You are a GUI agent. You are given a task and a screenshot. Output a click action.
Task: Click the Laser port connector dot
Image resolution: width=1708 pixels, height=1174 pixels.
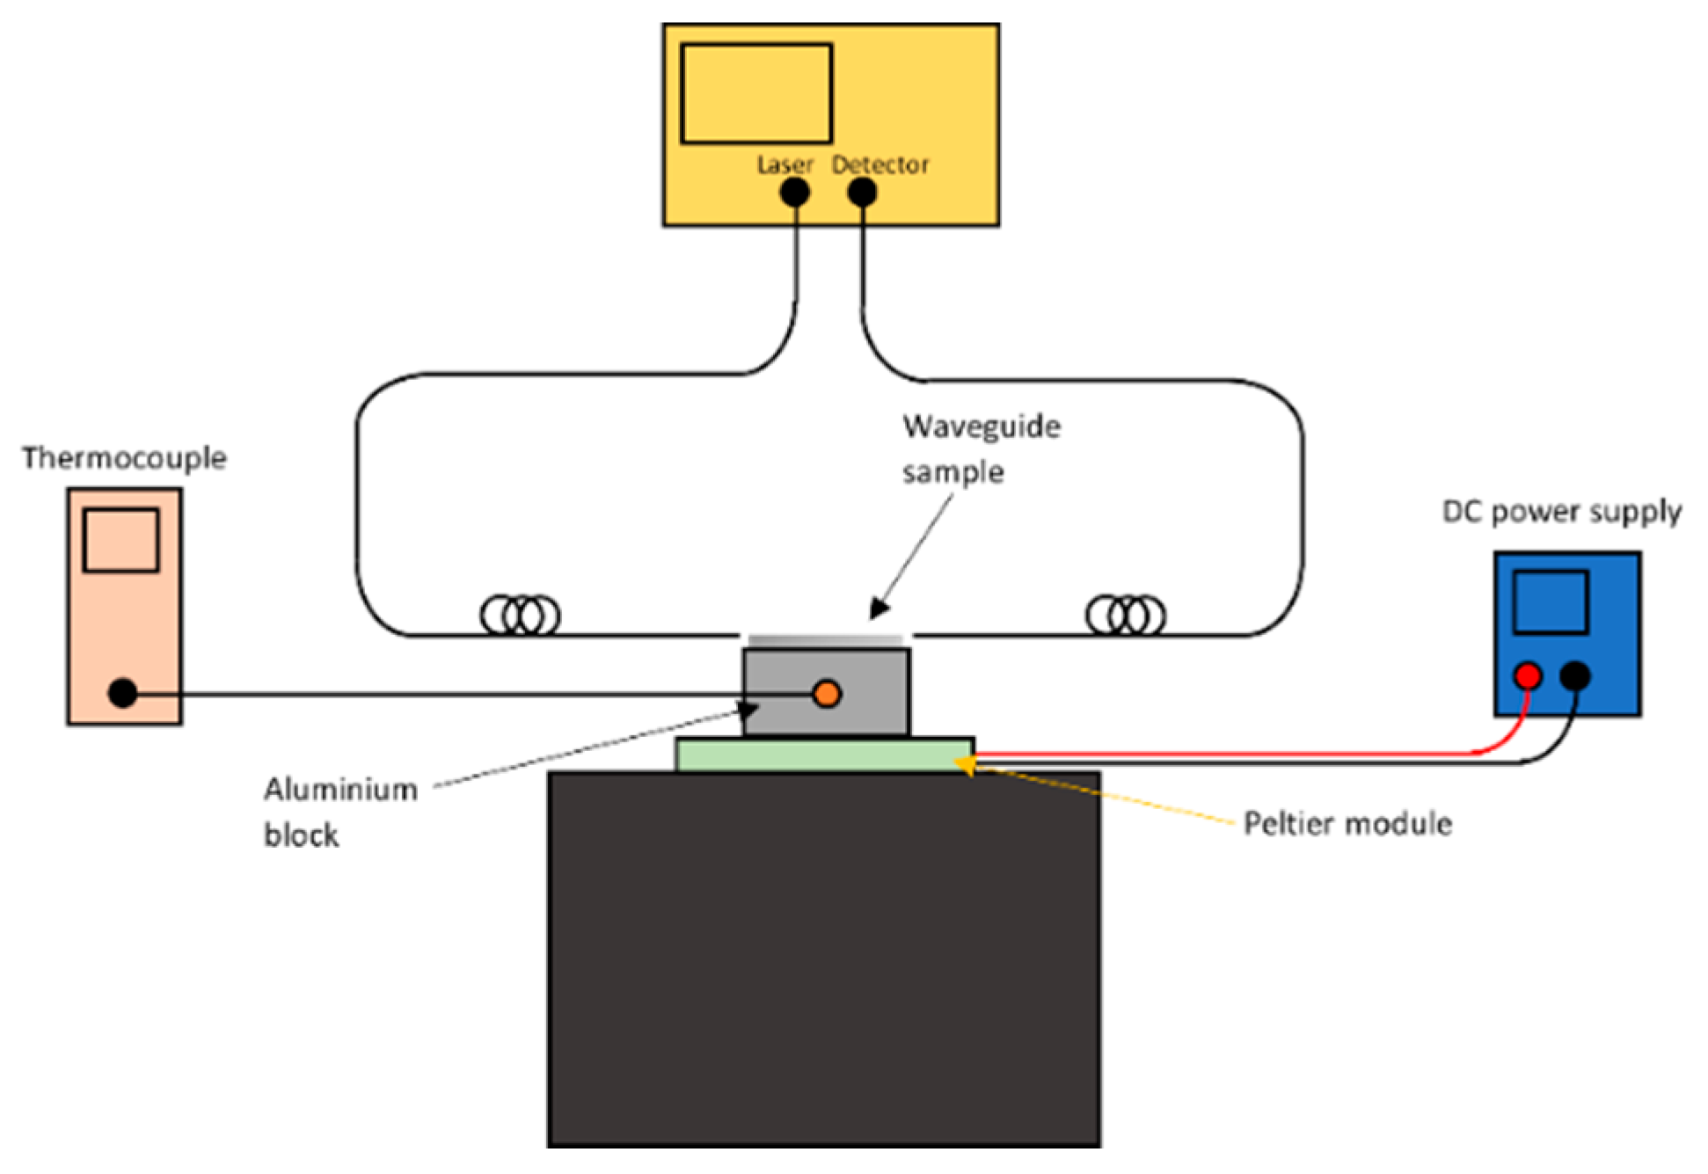tap(795, 192)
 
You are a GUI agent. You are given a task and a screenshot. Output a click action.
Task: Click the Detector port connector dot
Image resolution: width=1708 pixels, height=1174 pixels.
tap(862, 192)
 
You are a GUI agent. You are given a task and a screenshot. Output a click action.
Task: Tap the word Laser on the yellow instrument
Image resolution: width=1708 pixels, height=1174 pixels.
tap(785, 164)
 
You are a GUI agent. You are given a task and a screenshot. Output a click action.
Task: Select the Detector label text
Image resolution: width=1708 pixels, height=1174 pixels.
tap(880, 164)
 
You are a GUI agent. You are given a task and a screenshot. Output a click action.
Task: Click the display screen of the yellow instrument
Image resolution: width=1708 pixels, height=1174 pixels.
tap(756, 93)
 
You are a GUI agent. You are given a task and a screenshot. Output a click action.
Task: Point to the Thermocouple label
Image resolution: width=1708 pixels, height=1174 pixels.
tap(124, 458)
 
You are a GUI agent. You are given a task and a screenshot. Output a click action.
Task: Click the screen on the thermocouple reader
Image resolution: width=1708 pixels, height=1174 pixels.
tap(121, 540)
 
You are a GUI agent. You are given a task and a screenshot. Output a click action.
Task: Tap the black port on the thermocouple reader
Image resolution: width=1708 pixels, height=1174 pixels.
tap(122, 693)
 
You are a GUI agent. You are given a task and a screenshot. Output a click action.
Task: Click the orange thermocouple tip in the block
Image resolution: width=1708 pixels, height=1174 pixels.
tap(827, 694)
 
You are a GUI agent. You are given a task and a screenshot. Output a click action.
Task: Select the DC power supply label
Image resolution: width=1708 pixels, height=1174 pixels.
tap(1561, 512)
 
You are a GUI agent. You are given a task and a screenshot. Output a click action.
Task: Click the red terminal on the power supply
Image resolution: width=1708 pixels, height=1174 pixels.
tap(1528, 676)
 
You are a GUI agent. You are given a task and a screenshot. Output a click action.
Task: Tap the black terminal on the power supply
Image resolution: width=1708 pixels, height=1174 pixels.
tap(1574, 676)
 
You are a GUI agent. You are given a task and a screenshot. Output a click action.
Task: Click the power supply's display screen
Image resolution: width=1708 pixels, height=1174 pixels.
tap(1550, 602)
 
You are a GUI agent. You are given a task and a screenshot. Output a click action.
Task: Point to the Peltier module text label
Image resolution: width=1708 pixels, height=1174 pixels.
tap(1347, 824)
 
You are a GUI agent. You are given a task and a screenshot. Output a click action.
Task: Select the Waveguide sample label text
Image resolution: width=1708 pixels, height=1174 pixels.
tap(980, 449)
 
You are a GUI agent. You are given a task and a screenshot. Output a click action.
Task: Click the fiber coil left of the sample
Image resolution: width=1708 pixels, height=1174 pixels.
tap(520, 615)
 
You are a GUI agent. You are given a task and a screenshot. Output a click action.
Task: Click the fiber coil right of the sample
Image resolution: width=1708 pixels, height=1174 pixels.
tap(1126, 615)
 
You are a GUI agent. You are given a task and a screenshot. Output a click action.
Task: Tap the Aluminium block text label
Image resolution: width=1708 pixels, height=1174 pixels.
tap(339, 812)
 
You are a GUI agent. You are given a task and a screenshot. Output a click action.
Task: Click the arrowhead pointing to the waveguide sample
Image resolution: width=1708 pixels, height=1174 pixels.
tap(879, 609)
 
